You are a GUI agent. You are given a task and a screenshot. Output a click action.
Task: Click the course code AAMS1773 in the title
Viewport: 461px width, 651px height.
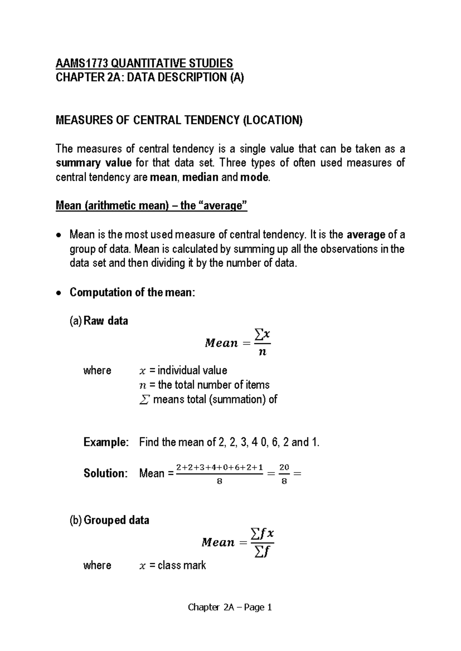(x=79, y=63)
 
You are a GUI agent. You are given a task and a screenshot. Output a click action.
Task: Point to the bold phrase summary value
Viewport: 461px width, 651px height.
(x=94, y=163)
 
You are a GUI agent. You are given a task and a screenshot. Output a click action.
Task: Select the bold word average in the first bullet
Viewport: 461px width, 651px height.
(x=366, y=235)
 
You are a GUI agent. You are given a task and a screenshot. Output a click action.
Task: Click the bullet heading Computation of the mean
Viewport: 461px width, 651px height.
(x=132, y=292)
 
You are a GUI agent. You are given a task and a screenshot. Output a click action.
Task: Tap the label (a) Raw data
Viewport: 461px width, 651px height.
(x=99, y=321)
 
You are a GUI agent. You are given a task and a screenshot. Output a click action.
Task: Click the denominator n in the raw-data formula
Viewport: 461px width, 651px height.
(x=262, y=352)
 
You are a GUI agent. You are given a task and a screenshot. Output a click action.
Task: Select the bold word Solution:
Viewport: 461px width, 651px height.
(x=105, y=473)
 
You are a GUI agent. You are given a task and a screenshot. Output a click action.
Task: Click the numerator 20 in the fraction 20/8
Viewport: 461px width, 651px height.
(x=284, y=467)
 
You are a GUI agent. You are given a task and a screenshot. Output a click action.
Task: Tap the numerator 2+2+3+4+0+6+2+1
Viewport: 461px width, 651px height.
(x=219, y=467)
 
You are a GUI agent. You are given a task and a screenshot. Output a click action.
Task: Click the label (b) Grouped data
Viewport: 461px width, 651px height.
(x=109, y=520)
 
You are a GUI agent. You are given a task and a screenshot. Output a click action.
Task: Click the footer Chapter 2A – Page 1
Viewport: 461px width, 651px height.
(x=230, y=607)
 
